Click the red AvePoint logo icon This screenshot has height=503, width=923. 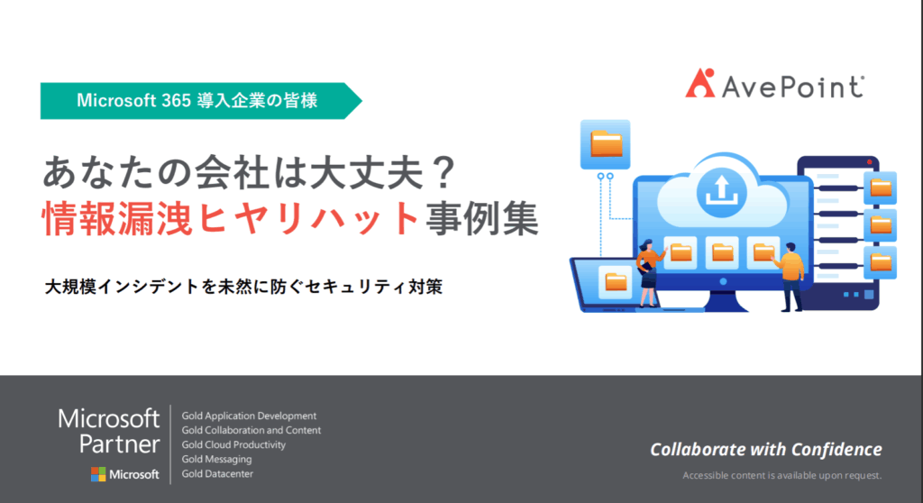[x=699, y=83]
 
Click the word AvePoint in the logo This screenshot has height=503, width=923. [x=793, y=87]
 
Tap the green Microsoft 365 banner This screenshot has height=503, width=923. [x=201, y=101]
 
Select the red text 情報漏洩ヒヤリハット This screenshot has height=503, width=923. [x=231, y=218]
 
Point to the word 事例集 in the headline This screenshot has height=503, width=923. [x=482, y=218]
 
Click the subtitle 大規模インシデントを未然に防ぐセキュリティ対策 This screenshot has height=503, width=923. [x=243, y=287]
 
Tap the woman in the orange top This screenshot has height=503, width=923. [x=649, y=272]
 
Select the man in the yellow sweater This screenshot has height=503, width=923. [x=790, y=276]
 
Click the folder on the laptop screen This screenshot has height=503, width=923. [x=616, y=282]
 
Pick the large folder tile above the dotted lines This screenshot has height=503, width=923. [x=605, y=144]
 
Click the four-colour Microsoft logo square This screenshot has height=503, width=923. [x=98, y=474]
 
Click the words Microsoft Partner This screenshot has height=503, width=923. [x=109, y=431]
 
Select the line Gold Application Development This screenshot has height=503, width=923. [x=249, y=416]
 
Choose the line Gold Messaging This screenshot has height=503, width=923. [x=216, y=460]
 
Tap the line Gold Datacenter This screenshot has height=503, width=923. [x=217, y=473]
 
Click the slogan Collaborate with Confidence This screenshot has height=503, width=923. [x=766, y=450]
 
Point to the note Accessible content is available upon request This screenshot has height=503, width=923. [x=782, y=475]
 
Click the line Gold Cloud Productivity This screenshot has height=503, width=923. [x=233, y=444]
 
